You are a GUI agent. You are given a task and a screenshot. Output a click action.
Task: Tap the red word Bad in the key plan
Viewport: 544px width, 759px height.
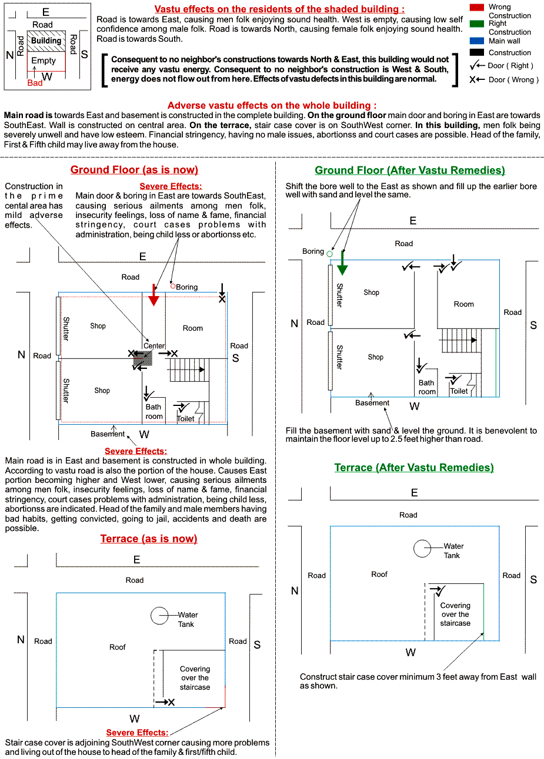35,83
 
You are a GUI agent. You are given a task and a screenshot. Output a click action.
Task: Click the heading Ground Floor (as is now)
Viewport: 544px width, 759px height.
134,170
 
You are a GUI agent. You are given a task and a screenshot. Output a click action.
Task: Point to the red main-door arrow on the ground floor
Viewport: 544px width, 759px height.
153,295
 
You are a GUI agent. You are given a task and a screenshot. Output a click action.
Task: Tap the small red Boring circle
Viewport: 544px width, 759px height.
173,286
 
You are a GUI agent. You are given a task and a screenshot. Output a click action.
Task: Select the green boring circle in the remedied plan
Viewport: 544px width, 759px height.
329,254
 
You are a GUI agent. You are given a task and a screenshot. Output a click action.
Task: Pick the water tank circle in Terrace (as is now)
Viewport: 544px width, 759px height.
160,616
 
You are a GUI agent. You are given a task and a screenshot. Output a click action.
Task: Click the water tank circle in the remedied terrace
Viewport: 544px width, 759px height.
423,548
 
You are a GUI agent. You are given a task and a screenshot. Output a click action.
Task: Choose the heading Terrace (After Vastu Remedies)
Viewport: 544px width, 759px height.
414,468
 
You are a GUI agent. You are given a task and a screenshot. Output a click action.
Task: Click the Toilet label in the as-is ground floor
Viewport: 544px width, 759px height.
186,419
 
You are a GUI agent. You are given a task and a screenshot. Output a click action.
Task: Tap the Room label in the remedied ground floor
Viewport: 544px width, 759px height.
463,304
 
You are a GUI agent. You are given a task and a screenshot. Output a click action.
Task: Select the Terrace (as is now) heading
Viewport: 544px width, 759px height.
149,539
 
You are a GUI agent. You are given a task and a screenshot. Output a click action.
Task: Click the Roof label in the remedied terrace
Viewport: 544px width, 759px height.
379,574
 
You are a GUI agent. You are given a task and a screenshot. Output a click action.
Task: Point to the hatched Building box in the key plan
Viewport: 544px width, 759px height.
46,41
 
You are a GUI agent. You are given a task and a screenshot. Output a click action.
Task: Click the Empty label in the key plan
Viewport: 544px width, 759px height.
44,61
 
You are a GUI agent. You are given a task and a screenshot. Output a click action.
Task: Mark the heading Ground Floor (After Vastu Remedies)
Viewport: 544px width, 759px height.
410,170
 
